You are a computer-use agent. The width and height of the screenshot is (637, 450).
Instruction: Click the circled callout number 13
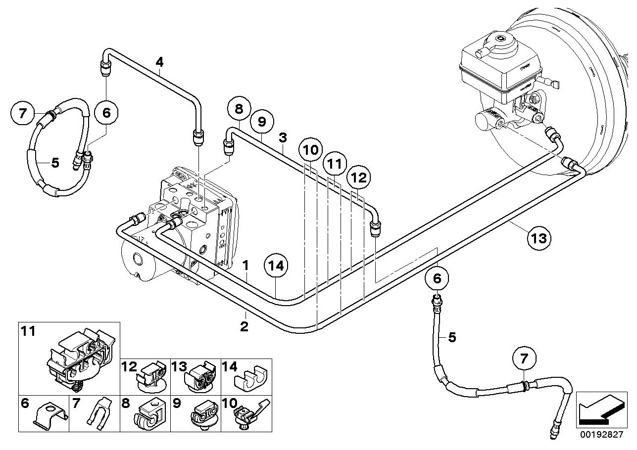(538, 238)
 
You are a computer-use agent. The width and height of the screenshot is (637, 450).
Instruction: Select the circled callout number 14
(276, 266)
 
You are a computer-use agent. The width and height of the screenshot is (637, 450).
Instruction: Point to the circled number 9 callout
(262, 121)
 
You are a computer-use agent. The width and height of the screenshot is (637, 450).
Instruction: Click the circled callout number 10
(310, 149)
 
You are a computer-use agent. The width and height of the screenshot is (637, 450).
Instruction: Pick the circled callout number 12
(358, 177)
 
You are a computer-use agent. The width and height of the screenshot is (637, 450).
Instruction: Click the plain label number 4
(159, 62)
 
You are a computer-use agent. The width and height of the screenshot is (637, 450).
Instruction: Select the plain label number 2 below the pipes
(244, 326)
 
